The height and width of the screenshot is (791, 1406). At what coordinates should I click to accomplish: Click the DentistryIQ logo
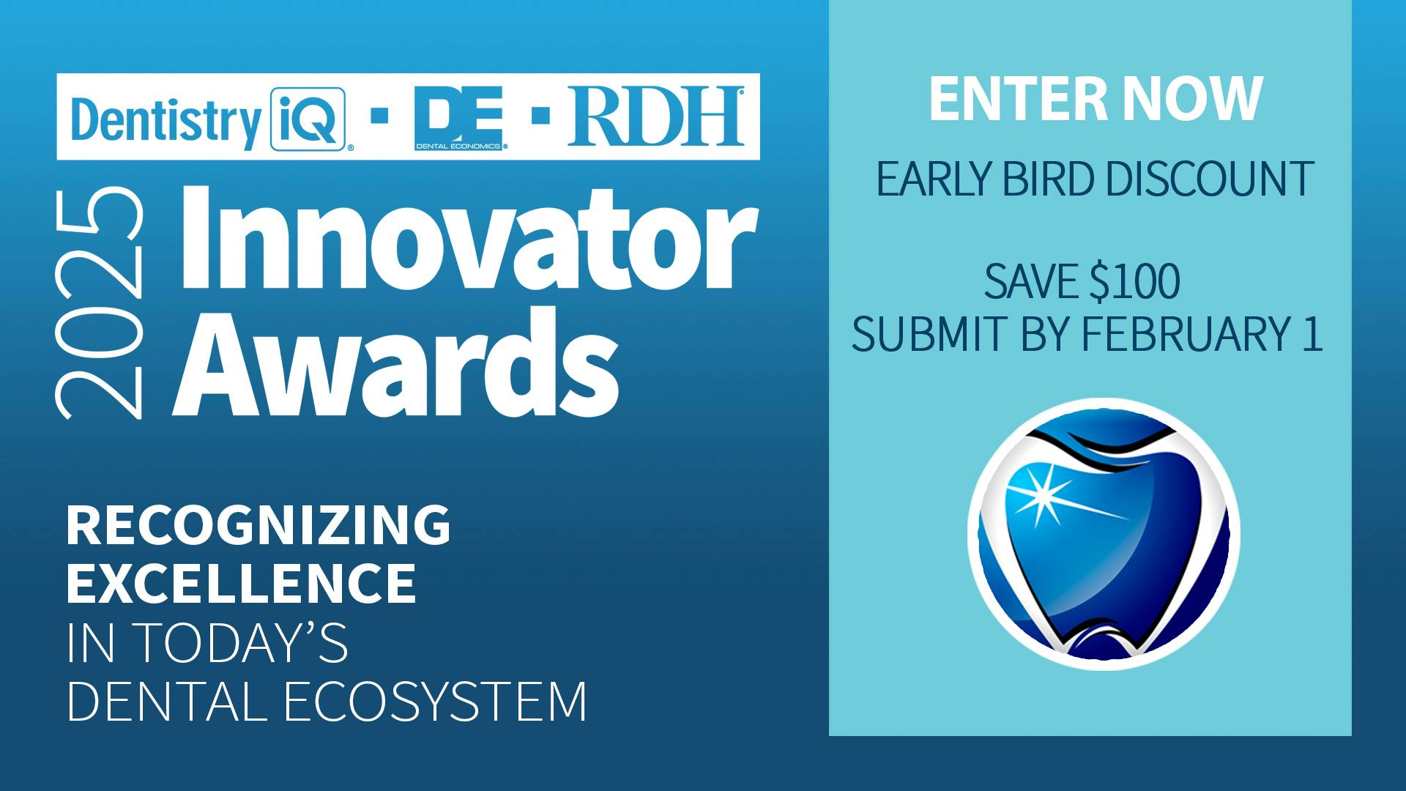tap(208, 119)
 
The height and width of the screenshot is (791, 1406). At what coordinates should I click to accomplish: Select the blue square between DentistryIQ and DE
tap(379, 116)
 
